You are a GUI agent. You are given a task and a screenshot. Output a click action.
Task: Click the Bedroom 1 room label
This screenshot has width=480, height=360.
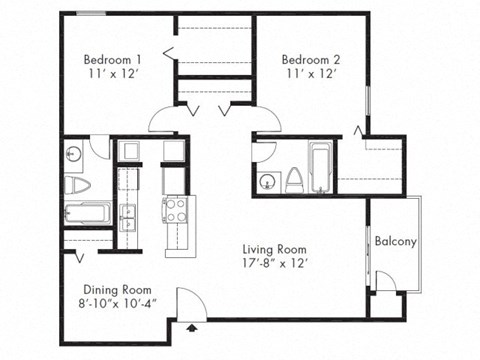pos(110,60)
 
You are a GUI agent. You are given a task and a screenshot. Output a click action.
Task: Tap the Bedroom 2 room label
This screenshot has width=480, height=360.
pos(308,58)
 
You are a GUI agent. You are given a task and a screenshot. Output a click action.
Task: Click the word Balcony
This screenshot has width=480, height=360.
pos(396,242)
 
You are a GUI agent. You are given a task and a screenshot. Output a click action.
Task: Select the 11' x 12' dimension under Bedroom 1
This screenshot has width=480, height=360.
pos(110,75)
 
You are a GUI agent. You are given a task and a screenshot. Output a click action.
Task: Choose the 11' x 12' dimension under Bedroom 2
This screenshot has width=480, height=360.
pos(308,74)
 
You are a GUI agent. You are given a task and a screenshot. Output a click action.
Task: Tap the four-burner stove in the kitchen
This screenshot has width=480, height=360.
pos(176,210)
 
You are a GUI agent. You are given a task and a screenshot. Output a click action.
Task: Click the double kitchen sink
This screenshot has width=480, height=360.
pos(128,214)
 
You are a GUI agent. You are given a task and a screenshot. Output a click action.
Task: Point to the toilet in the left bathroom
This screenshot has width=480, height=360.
pos(76,185)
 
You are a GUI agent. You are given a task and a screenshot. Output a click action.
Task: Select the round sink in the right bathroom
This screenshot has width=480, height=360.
pos(267,181)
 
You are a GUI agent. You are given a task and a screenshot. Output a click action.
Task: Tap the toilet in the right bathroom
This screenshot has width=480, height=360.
pos(295,180)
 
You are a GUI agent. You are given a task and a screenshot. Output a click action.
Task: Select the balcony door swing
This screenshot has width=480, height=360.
pos(385,283)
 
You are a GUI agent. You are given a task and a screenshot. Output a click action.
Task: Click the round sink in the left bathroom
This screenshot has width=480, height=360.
pos(74,155)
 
